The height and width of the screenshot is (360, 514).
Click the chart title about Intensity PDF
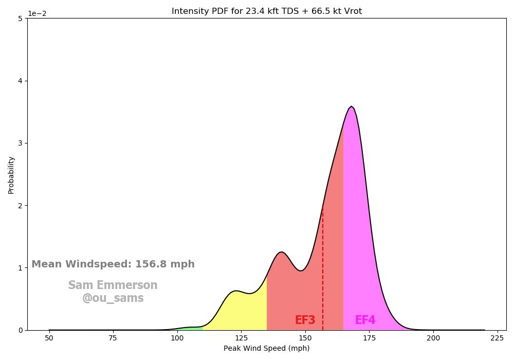coord(266,11)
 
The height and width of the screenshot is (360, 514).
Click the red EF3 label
coord(305,320)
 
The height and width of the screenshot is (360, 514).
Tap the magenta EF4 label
coord(365,320)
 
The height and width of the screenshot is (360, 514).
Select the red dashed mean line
coord(323,267)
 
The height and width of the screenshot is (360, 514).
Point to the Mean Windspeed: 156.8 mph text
coord(113,264)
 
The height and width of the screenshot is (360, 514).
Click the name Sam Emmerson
coord(113,285)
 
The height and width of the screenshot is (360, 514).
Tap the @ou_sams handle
coord(113,298)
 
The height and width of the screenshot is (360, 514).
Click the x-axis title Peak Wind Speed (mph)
coord(266,348)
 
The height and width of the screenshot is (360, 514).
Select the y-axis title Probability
coord(11,175)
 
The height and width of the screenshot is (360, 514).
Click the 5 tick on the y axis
coord(19,19)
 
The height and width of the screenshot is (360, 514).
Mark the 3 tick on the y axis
coord(19,143)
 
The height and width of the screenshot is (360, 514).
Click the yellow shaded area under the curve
coord(242,309)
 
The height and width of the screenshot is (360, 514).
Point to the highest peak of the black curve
coord(351,106)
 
